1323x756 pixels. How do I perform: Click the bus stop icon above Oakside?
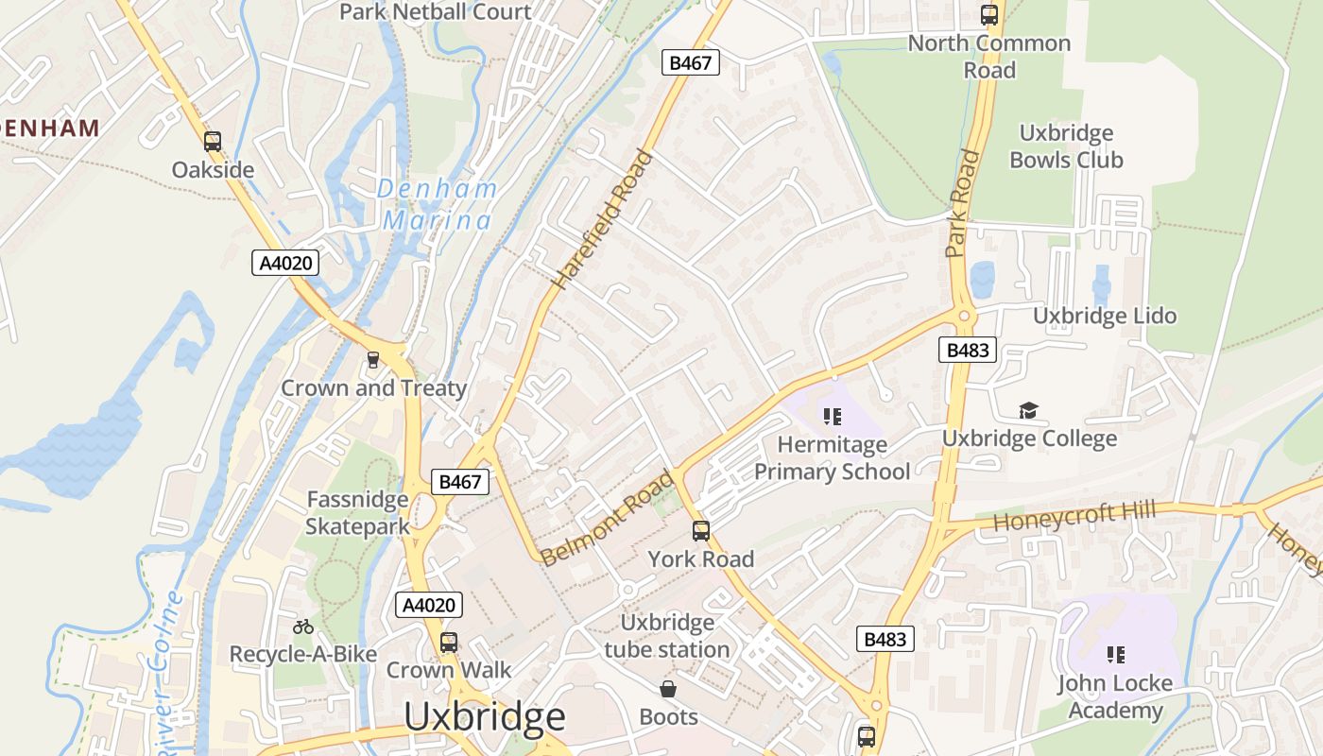[213, 142]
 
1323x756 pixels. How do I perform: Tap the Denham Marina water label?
[437, 204]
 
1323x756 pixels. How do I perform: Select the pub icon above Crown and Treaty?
[373, 360]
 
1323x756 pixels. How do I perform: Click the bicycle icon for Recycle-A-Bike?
[303, 627]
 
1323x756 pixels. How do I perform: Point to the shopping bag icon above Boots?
[668, 689]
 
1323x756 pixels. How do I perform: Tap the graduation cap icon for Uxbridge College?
[1028, 410]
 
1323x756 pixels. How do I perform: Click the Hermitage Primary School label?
[832, 457]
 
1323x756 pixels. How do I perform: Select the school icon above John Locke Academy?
[1115, 654]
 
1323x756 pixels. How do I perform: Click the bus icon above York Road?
[700, 530]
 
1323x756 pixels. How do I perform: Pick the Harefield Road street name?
[603, 219]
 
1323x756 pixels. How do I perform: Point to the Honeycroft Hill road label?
[1074, 517]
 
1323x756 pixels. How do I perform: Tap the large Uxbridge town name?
[485, 717]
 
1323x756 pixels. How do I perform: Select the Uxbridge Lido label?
[1105, 316]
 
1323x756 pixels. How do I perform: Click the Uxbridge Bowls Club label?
[1066, 146]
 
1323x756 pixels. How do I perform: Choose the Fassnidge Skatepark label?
[358, 512]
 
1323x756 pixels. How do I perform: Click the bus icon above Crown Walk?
[449, 643]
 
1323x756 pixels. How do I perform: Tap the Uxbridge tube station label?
[667, 636]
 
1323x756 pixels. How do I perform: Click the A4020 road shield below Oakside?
[285, 263]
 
